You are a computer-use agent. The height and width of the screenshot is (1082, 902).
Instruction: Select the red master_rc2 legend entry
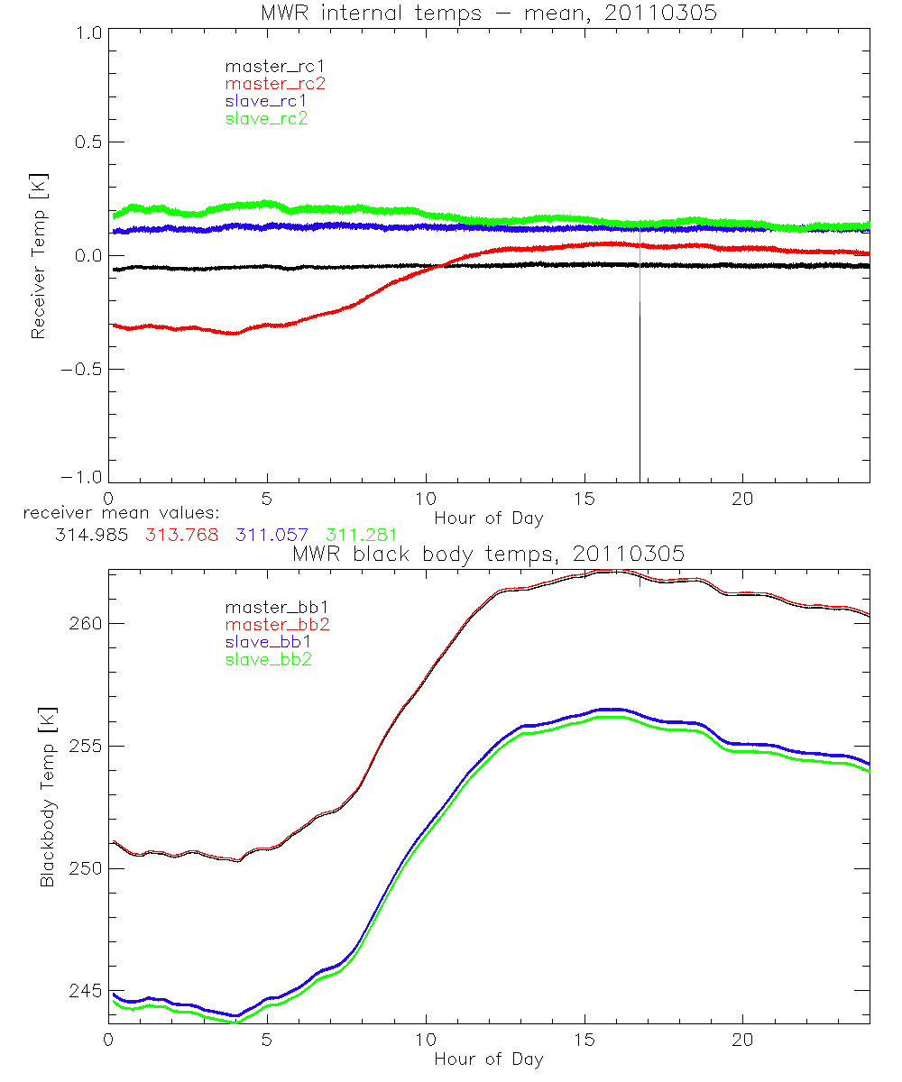[274, 84]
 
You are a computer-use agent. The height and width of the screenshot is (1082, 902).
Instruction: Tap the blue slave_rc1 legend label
[266, 101]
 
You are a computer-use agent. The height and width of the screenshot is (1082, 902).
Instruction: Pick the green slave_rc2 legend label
[266, 118]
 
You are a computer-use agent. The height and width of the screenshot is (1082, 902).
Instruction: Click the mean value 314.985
[88, 535]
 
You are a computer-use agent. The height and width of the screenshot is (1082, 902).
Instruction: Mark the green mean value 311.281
[361, 535]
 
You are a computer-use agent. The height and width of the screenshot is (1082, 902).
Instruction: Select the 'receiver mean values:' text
[115, 515]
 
